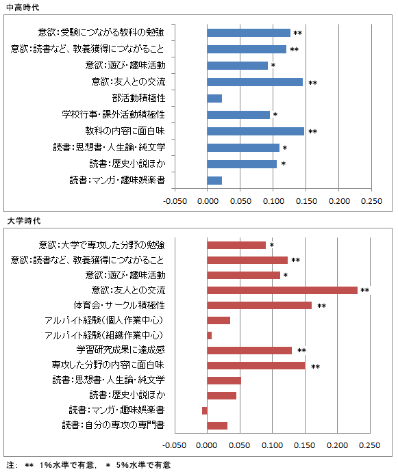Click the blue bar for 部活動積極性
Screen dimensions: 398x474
214,98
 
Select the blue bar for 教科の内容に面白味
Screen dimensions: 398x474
256,131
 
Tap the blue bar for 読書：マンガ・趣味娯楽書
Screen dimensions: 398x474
214,181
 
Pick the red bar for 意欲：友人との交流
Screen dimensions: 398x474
282,290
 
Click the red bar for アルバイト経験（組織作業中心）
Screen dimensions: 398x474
210,335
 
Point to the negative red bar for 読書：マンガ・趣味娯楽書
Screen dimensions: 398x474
205,410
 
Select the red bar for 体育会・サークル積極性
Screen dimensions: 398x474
260,305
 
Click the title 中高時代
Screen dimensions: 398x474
23,8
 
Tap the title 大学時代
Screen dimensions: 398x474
23,221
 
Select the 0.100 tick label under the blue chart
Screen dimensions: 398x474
273,201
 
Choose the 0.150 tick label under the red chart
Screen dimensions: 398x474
304,445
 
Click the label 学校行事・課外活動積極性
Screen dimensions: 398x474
114,114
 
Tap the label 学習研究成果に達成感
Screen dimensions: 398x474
121,350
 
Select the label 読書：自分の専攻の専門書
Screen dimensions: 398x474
113,425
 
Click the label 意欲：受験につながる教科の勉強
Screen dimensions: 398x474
101,32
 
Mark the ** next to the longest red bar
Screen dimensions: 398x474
364,290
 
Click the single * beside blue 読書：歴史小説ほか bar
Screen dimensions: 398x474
284,163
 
